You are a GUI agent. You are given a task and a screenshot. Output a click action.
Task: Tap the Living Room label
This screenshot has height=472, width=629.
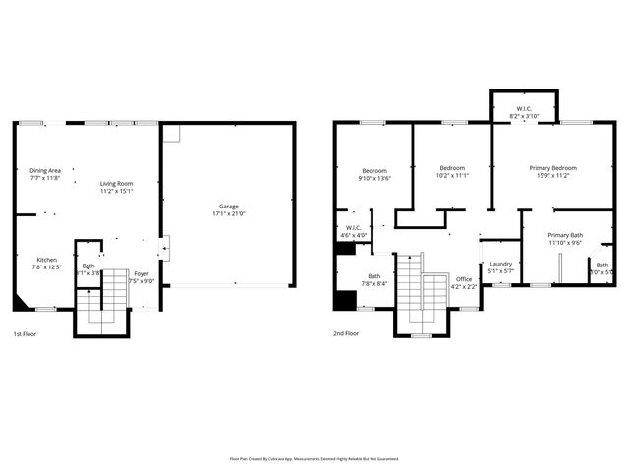pos(116,184)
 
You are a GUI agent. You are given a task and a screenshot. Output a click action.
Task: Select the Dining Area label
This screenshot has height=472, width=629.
pos(45,170)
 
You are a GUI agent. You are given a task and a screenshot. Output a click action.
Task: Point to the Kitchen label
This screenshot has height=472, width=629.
pos(46,260)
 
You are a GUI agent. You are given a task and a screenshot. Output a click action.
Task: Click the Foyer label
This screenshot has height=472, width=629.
pos(142,274)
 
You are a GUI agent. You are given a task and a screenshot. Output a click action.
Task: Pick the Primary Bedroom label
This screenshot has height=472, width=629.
pos(552,168)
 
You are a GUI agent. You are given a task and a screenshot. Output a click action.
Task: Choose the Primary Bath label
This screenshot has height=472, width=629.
pos(565,235)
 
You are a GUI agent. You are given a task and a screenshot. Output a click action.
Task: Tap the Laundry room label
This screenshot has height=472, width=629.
pos(500,264)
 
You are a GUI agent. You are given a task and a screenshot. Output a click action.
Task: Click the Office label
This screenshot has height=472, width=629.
pos(464,279)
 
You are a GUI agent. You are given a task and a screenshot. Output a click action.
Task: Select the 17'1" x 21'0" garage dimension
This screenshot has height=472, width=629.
pos(227,213)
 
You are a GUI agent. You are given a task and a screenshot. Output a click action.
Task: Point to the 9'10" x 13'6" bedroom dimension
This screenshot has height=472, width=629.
pos(374,179)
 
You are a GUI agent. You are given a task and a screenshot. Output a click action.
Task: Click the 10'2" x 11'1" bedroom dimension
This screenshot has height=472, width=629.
pos(451,175)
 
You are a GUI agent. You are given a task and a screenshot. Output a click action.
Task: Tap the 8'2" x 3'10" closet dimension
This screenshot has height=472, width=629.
pos(525,116)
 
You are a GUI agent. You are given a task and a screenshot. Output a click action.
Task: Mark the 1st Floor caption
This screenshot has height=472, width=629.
pos(26,333)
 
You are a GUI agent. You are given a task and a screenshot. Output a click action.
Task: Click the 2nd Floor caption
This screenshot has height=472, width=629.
pos(346,333)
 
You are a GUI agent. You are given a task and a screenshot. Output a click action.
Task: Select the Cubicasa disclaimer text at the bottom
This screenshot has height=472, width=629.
pos(314,458)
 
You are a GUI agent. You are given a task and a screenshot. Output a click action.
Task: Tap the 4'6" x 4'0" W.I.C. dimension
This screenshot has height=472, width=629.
pos(353,236)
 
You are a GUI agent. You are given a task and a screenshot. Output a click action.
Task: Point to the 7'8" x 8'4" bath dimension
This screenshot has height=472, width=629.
pos(374,283)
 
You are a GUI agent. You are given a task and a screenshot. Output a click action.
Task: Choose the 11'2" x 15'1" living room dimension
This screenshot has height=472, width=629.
pos(116,192)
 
